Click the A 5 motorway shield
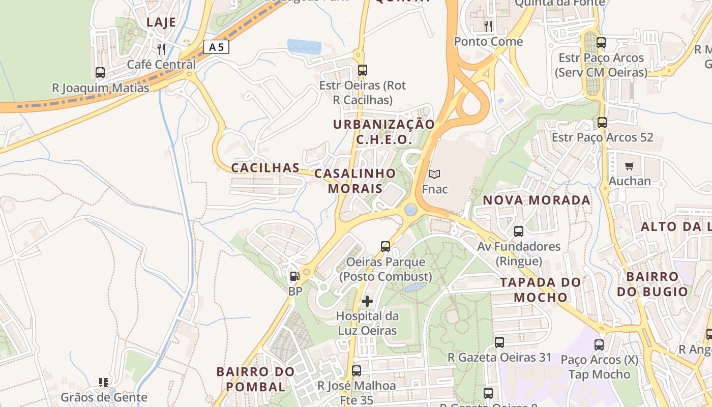point(216,47)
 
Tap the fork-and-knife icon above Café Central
point(161,49)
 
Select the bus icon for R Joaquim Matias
point(100,73)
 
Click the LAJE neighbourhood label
point(161,22)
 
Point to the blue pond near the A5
point(304,46)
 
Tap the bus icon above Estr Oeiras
point(363,70)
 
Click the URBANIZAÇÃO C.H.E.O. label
point(384,132)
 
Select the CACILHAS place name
point(265,168)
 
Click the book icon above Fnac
point(434,175)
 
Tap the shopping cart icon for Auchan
point(630,166)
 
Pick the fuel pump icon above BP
point(294,276)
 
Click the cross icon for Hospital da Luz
point(367,301)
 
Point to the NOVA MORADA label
point(537,200)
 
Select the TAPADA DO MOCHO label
point(540,289)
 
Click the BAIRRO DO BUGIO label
point(652,284)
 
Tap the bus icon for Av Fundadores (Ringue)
point(519,231)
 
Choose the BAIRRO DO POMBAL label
point(255,379)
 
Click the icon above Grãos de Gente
point(104,382)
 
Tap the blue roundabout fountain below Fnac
point(411,210)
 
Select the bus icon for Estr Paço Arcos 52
point(602,122)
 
